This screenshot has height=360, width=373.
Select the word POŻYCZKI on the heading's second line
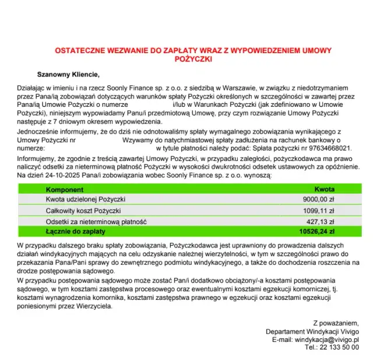coord(186,59)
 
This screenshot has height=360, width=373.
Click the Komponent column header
coord(65,190)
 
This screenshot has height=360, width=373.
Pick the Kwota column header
coord(324,190)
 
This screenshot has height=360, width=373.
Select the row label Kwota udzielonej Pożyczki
coord(86,200)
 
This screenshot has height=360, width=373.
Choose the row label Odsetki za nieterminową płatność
coord(96,222)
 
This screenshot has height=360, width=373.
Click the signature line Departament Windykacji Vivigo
coord(312,331)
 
